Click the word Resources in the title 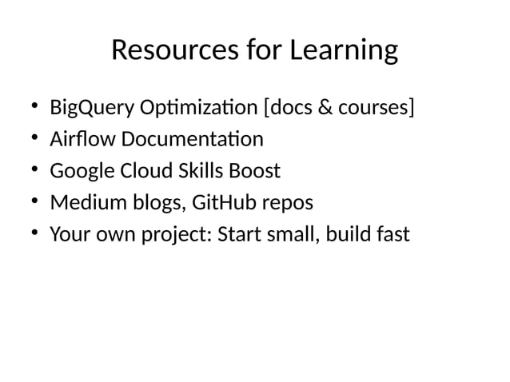click(x=165, y=50)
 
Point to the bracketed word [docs click(x=277, y=107)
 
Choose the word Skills click(x=204, y=171)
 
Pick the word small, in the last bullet click(x=287, y=235)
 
